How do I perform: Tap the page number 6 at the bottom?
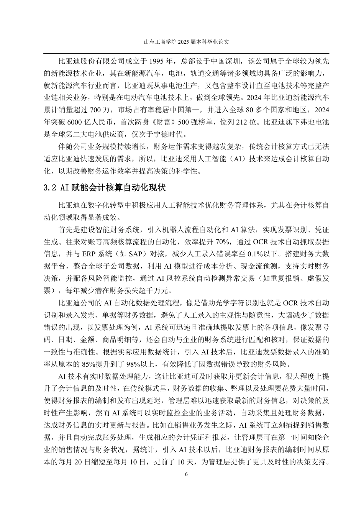(x=186, y=474)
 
